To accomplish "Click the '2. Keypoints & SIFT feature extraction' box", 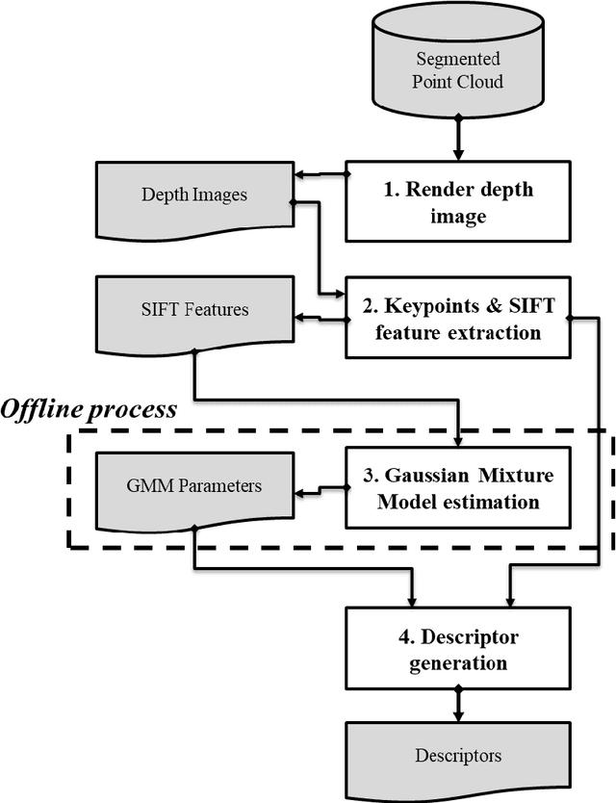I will pyautogui.click(x=458, y=321).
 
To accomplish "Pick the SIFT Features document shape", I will pyautogui.click(x=193, y=312).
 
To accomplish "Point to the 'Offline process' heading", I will pyautogui.click(x=89, y=409).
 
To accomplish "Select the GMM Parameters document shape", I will pyautogui.click(x=193, y=488).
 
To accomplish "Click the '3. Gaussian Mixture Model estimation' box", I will pyautogui.click(x=458, y=488).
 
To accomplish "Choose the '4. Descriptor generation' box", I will pyautogui.click(x=458, y=651).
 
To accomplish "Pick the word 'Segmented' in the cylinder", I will pyautogui.click(x=458, y=61).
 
